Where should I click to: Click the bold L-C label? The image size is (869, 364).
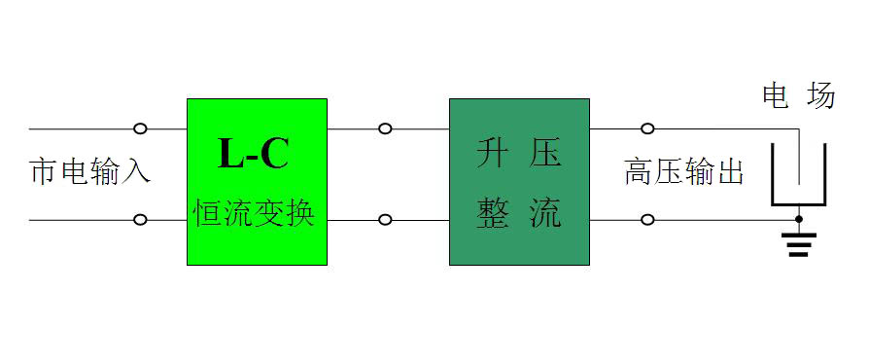[x=254, y=155]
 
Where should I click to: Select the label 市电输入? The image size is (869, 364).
[x=90, y=173]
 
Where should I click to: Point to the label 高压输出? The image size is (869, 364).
[x=684, y=173]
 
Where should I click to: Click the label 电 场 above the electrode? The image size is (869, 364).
[x=798, y=96]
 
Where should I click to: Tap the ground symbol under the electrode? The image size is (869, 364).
[x=798, y=243]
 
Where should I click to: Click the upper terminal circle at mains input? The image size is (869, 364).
[x=140, y=128]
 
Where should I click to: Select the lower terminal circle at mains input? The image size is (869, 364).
[x=140, y=220]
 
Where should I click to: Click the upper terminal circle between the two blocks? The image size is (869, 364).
[x=386, y=128]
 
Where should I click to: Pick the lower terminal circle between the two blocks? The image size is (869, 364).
[x=386, y=220]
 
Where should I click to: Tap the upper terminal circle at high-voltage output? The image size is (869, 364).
[x=647, y=128]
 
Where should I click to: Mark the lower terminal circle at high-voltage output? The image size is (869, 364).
[x=647, y=220]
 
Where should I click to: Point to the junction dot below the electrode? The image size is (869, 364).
[x=798, y=220]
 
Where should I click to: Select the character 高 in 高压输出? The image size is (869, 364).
[x=639, y=173]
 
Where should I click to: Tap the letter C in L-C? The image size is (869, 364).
[x=275, y=155]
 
